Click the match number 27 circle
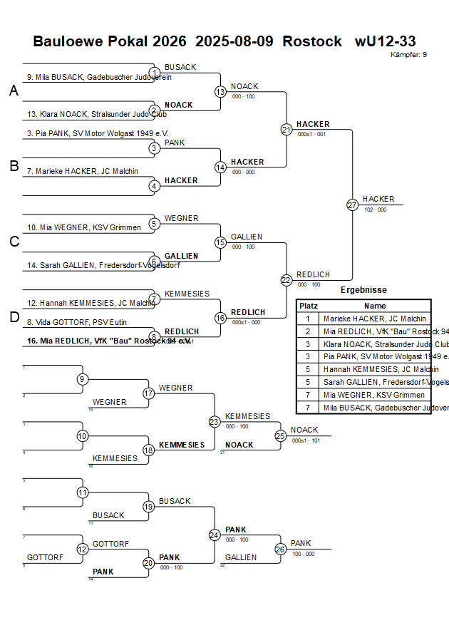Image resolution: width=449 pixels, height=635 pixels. pyautogui.click(x=352, y=205)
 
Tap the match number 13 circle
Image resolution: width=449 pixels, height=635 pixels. pyautogui.click(x=220, y=92)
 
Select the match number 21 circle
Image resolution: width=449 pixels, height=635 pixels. pyautogui.click(x=287, y=130)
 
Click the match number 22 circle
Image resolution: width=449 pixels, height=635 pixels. pyautogui.click(x=287, y=280)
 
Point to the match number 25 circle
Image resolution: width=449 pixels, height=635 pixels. pyautogui.click(x=281, y=435)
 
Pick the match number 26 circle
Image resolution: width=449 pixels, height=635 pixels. pyautogui.click(x=281, y=549)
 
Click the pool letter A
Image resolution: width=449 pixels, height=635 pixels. pyautogui.click(x=14, y=91)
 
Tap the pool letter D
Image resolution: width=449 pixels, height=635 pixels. pyautogui.click(x=14, y=317)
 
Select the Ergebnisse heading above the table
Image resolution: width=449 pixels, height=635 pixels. pyautogui.click(x=363, y=290)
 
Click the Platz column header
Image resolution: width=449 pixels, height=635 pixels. pyautogui.click(x=308, y=306)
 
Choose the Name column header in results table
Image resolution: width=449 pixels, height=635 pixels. pyautogui.click(x=374, y=306)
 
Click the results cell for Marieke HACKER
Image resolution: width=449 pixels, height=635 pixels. pyautogui.click(x=375, y=319)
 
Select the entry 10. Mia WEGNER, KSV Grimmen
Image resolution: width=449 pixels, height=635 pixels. pyautogui.click(x=76, y=228)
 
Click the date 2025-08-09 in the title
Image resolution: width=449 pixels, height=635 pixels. pyautogui.click(x=234, y=41)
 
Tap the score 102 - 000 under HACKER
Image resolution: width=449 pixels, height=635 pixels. pyautogui.click(x=375, y=210)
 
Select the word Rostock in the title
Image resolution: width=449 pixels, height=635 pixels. pyautogui.click(x=312, y=41)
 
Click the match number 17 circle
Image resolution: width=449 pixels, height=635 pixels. pyautogui.click(x=149, y=393)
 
